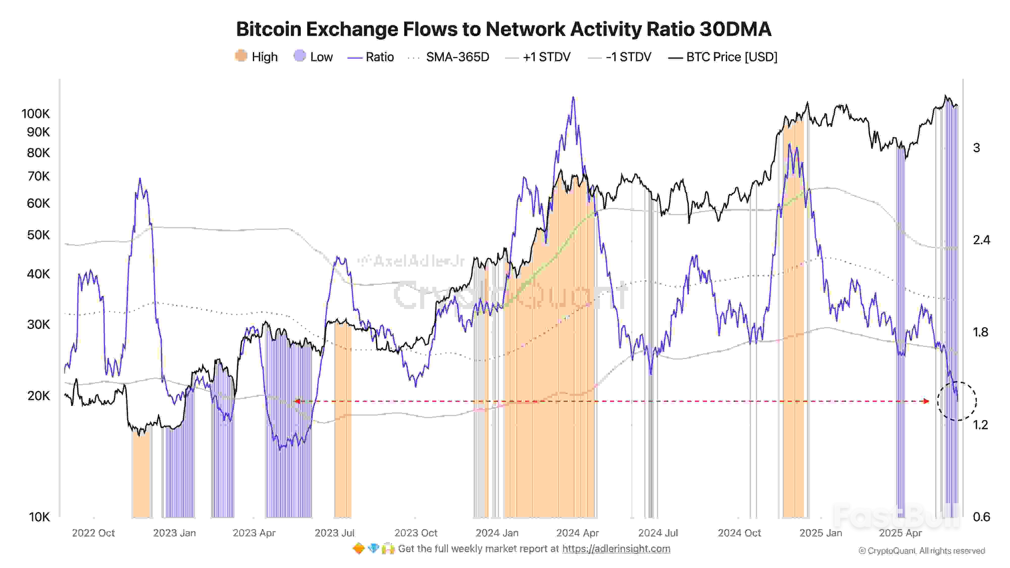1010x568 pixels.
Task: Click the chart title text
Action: click(x=503, y=29)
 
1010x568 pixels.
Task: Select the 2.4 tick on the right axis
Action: click(x=981, y=240)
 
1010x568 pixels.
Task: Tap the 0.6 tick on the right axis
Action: click(x=981, y=517)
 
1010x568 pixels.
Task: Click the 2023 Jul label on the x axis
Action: click(x=335, y=533)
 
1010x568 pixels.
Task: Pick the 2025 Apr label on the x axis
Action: click(x=900, y=533)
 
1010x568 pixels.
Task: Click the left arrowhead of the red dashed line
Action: click(x=297, y=401)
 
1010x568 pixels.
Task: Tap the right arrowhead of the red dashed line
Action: click(x=926, y=401)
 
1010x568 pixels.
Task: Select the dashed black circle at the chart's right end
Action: click(x=957, y=401)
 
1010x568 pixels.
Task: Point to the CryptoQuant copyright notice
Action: click(x=921, y=551)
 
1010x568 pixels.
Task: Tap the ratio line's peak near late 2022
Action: click(x=140, y=179)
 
